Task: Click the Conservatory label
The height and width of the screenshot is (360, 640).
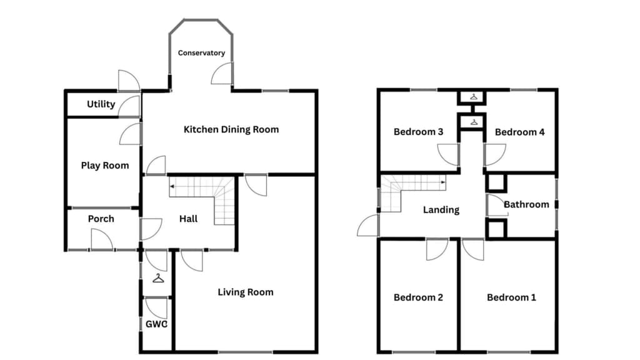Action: click(x=201, y=53)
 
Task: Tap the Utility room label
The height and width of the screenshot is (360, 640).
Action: click(x=101, y=104)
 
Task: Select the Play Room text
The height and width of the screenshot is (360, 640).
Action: click(x=105, y=166)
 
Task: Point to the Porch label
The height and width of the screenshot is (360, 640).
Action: click(x=101, y=219)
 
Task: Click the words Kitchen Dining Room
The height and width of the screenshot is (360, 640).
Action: click(x=231, y=130)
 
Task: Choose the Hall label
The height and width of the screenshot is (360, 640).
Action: click(x=188, y=219)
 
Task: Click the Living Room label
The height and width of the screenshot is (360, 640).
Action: click(x=245, y=292)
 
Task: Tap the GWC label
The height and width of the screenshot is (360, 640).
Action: click(x=156, y=324)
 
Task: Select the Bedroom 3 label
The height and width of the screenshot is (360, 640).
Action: click(x=418, y=132)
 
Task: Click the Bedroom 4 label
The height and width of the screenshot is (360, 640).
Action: click(x=519, y=132)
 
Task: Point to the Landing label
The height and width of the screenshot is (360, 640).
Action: click(x=441, y=210)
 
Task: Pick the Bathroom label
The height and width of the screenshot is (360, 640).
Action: click(x=526, y=204)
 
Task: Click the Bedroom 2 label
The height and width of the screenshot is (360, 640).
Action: click(x=418, y=297)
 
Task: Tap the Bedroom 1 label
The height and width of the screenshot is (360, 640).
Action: click(x=511, y=297)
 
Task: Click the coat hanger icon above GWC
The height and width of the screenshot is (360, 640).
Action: click(x=158, y=278)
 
